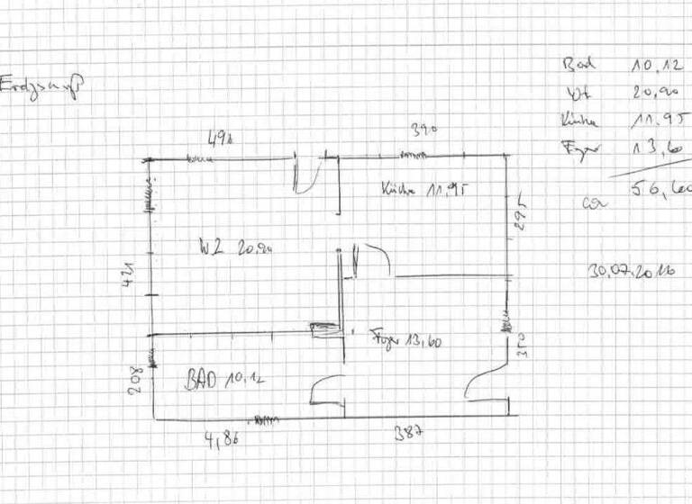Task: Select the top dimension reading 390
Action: (423, 129)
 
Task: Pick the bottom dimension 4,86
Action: (222, 440)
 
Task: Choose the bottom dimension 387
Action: (410, 433)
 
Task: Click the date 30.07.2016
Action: (632, 269)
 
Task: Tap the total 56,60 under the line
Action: (663, 189)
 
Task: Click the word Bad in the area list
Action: (579, 64)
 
